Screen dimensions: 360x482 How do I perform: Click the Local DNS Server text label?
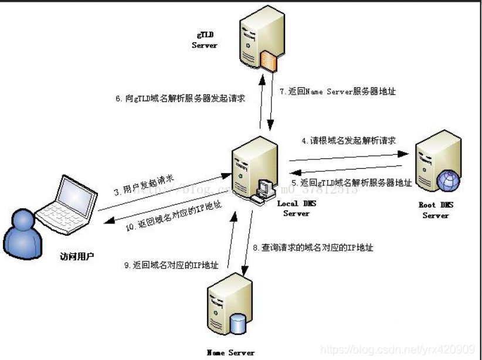pos(296,209)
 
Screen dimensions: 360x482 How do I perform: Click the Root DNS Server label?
pos(435,210)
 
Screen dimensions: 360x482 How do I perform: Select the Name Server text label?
pos(231,352)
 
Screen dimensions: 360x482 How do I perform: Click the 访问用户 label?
pos(77,257)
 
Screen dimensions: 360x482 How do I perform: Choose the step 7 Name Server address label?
pos(337,92)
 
